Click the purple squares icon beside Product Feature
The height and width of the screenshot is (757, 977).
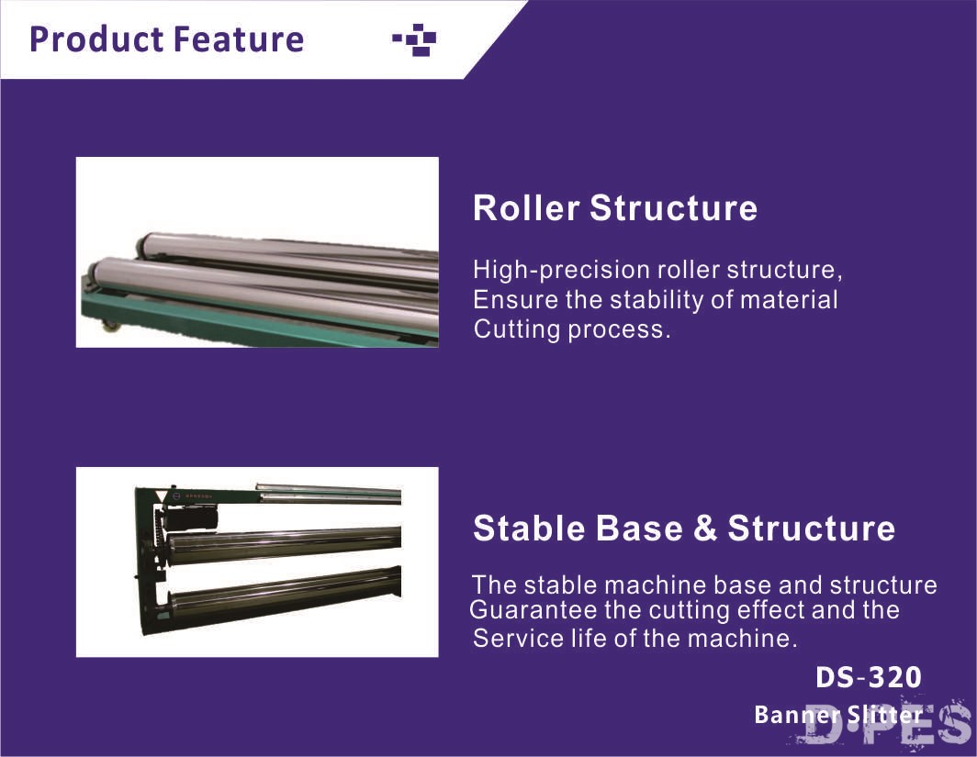point(414,39)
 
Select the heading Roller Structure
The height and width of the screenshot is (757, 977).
point(615,207)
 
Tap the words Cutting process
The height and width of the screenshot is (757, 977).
point(572,328)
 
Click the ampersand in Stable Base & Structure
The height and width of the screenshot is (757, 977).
point(705,528)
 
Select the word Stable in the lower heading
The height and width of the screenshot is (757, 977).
point(529,528)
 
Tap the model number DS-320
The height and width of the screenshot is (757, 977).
point(869,677)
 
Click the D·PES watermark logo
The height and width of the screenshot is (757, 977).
point(885,722)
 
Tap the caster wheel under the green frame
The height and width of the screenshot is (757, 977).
point(110,325)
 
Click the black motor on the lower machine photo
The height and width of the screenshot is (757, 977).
point(189,518)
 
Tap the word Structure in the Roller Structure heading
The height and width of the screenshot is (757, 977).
point(674,207)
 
